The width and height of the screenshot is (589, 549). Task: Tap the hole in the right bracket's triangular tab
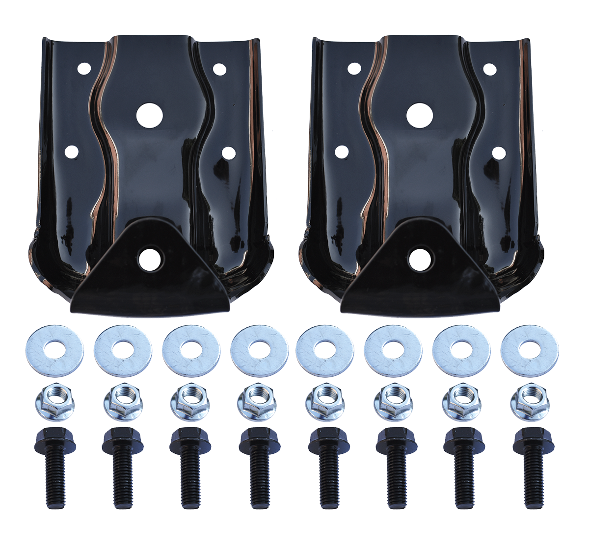tap(419, 259)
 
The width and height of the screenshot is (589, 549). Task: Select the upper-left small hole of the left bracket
tap(84, 68)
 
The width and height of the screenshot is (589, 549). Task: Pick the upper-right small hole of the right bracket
tap(489, 69)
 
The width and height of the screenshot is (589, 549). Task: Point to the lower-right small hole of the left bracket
tap(228, 153)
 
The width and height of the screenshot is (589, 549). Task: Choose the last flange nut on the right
tap(529, 402)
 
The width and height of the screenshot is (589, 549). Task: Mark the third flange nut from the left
tap(189, 403)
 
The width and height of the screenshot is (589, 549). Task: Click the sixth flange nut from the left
tap(393, 403)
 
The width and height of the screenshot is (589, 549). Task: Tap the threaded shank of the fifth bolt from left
tap(327, 481)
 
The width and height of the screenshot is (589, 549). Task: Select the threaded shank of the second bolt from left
tap(122, 481)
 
